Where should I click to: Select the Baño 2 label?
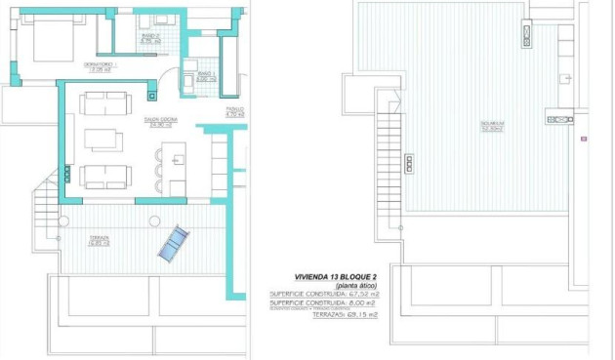point(149,41)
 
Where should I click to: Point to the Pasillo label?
point(234,112)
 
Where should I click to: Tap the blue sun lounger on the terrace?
point(173,243)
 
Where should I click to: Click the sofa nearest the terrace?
point(103,177)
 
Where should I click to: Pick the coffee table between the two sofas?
point(103,140)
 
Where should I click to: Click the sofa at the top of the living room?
point(103,102)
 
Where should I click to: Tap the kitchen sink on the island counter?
point(177,153)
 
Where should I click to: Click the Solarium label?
point(490,125)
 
